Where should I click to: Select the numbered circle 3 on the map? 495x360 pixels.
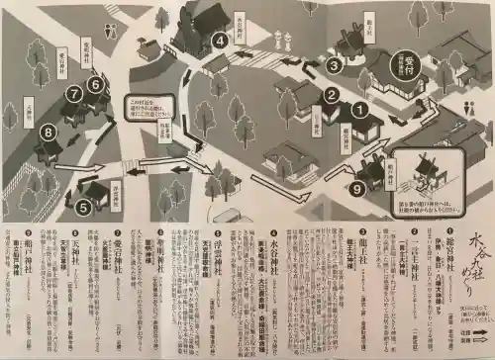(x=335, y=65)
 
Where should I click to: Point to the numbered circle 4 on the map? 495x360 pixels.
(x=219, y=41)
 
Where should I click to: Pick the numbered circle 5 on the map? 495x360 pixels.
(x=83, y=207)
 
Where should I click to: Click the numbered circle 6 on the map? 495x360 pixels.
(x=95, y=85)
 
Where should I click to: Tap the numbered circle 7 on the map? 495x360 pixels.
(x=72, y=94)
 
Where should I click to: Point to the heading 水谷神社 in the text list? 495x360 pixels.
(x=278, y=249)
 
